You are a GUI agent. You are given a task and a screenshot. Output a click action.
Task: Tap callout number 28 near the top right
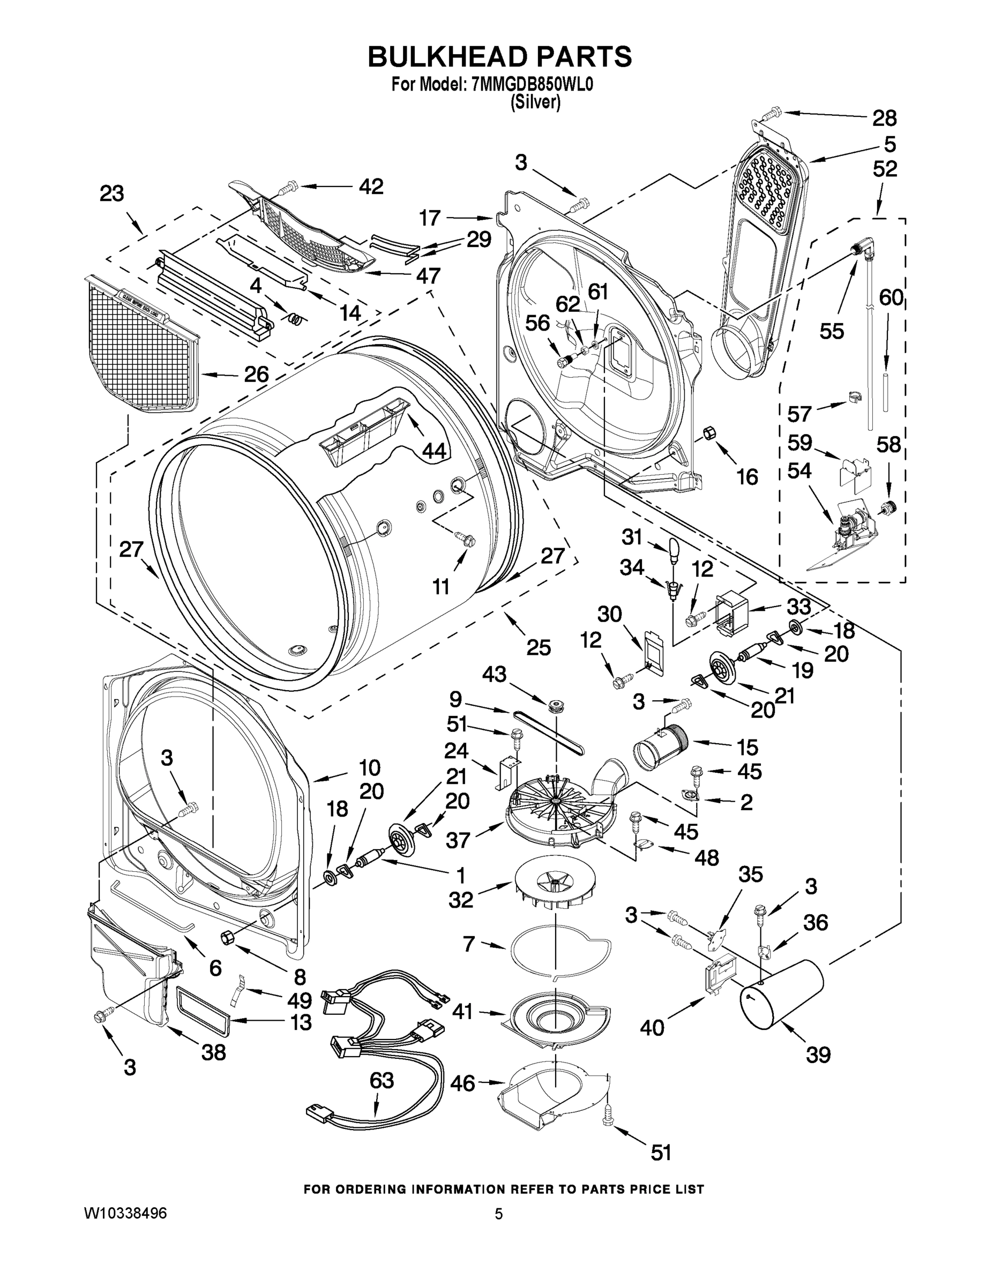(884, 118)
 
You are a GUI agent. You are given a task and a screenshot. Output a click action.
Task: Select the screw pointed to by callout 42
(287, 187)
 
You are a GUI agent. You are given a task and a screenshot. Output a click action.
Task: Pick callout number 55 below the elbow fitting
(832, 332)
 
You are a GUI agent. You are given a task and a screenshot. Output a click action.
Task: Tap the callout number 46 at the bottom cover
(462, 1083)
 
